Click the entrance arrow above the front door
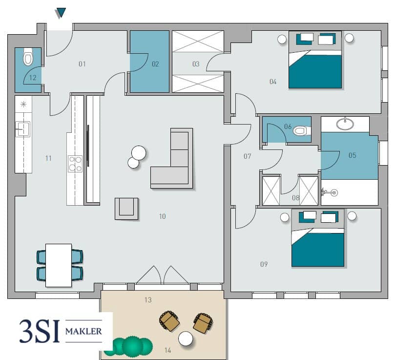tap(61, 13)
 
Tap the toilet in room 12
tap(28, 57)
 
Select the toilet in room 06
tap(301, 131)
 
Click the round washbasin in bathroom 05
tap(345, 124)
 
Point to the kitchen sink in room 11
tap(23, 129)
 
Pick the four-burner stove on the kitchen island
tap(75, 164)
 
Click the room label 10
tap(163, 216)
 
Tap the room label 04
tap(273, 82)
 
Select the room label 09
tap(264, 264)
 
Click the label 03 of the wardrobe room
tap(196, 64)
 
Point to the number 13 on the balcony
tap(148, 300)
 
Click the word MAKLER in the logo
tap(83, 331)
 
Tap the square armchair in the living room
tap(126, 209)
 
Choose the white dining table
tap(59, 265)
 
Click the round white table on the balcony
tap(186, 339)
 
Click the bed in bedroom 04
tap(315, 60)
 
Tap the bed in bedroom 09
tap(318, 238)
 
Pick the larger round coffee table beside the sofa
tap(139, 153)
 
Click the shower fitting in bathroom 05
tap(330, 192)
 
